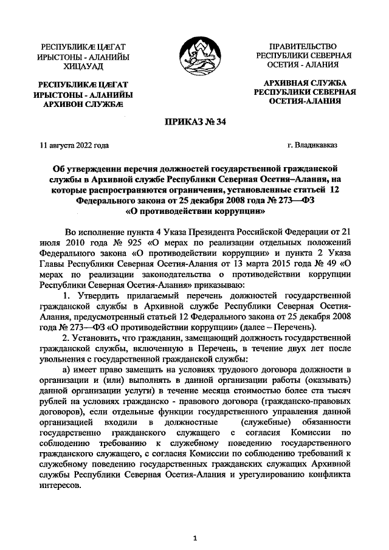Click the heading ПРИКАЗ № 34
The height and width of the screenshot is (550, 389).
194,123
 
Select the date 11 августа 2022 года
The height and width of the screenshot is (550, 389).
74,146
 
